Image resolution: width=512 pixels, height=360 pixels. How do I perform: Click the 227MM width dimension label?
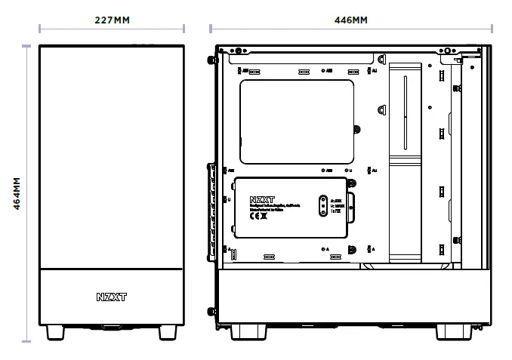coord(112,20)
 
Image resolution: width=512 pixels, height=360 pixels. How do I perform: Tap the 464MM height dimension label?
coord(17,194)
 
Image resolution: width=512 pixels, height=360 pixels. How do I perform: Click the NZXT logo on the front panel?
coord(112,297)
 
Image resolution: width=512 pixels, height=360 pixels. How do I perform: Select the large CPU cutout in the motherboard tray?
coord(297,122)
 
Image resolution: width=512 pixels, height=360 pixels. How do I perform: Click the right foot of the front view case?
coord(168,332)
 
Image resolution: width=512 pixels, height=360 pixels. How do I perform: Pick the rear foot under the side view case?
coord(250,331)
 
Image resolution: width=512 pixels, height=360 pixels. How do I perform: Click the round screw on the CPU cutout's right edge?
coord(358,128)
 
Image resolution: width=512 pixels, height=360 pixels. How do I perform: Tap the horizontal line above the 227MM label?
coord(112,29)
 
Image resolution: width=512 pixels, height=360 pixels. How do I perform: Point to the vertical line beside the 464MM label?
coord(28,194)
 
